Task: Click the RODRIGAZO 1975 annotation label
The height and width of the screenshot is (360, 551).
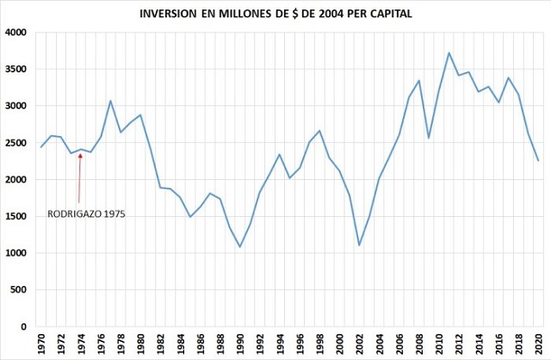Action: pos(86,214)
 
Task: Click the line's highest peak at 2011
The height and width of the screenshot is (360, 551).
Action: pos(449,53)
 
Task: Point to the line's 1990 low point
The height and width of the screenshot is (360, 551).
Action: pos(240,247)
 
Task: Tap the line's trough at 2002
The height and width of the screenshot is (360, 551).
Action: pos(359,245)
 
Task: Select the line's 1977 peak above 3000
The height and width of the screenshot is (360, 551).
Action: pos(111,101)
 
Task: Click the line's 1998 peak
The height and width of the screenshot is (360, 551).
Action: pos(319,131)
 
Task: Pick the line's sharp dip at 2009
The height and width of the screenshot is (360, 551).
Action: pos(429,138)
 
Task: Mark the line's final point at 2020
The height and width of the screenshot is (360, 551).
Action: pos(538,161)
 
